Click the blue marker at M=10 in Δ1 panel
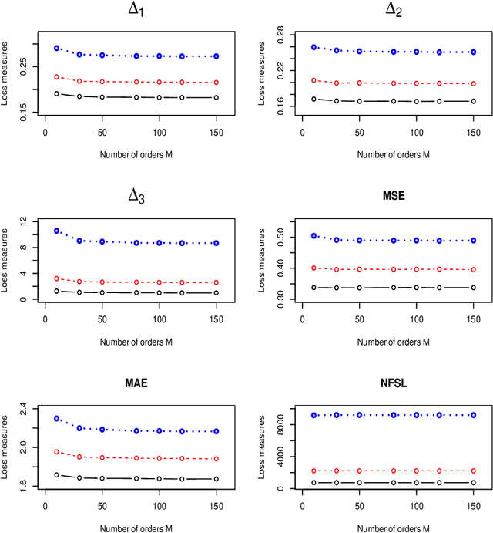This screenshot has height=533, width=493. click(x=56, y=48)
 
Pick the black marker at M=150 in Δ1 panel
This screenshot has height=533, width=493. click(x=216, y=97)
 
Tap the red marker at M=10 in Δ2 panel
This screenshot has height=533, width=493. click(x=314, y=80)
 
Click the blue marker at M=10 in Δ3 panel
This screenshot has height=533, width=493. click(x=56, y=231)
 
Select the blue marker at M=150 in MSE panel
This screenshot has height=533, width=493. click(x=474, y=241)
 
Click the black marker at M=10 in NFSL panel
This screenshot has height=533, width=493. click(x=314, y=483)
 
